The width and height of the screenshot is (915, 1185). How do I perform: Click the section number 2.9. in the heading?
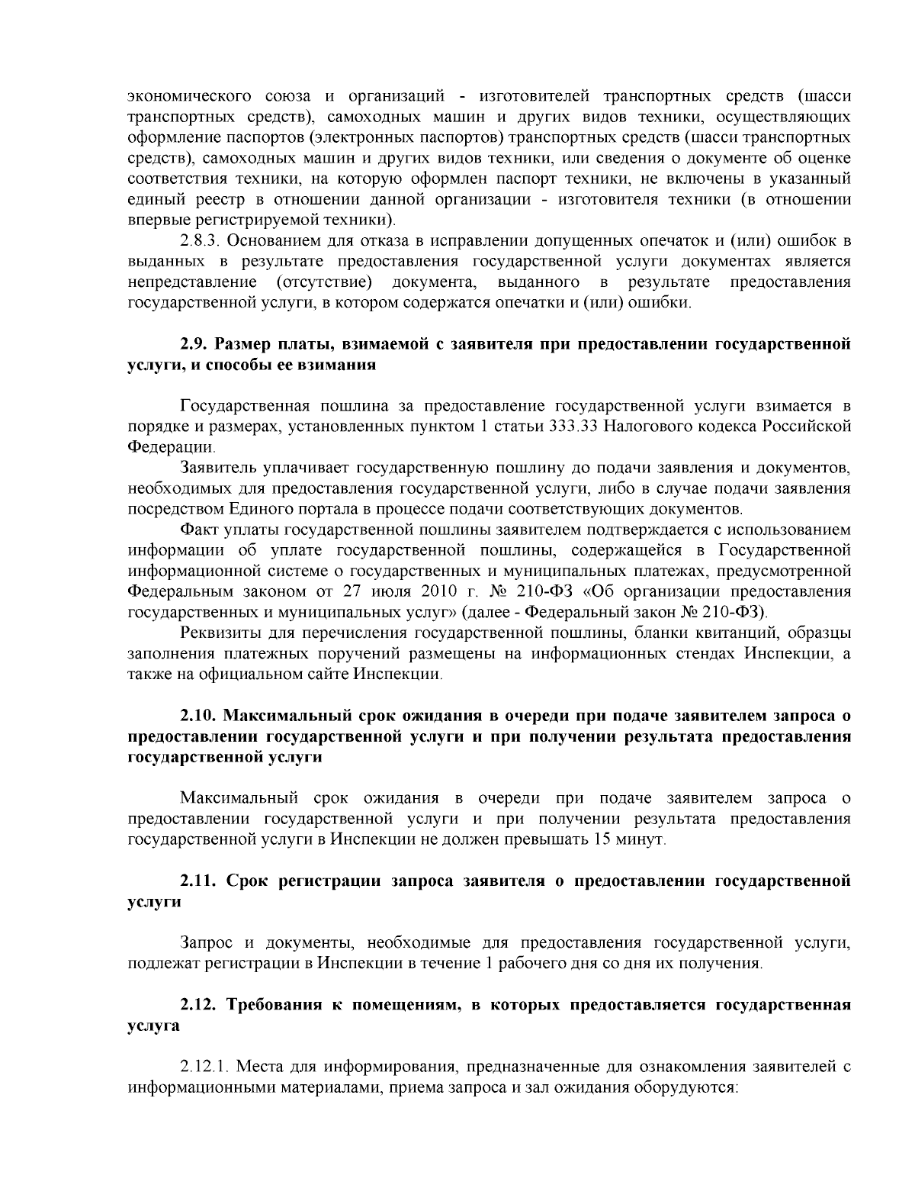(194, 344)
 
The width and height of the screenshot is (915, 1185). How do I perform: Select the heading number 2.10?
(198, 716)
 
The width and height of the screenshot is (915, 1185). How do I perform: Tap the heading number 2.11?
(198, 881)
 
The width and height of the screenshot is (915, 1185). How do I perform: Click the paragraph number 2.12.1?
(205, 1067)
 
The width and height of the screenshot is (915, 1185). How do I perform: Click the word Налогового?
(643, 425)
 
